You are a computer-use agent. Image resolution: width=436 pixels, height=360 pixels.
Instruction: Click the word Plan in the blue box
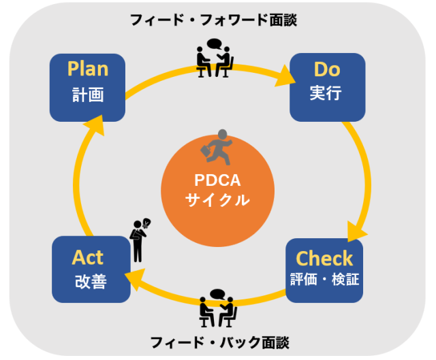[x=88, y=69]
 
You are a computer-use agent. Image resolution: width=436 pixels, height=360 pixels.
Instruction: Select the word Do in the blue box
[x=326, y=69]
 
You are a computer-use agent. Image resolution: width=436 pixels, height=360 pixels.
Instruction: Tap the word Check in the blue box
[x=324, y=259]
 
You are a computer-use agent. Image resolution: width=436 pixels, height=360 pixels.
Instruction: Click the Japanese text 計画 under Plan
[x=88, y=94]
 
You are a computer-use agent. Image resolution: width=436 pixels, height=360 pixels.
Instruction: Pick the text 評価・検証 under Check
[x=324, y=280]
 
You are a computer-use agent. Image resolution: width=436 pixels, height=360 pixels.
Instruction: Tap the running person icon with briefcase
[x=216, y=147]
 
